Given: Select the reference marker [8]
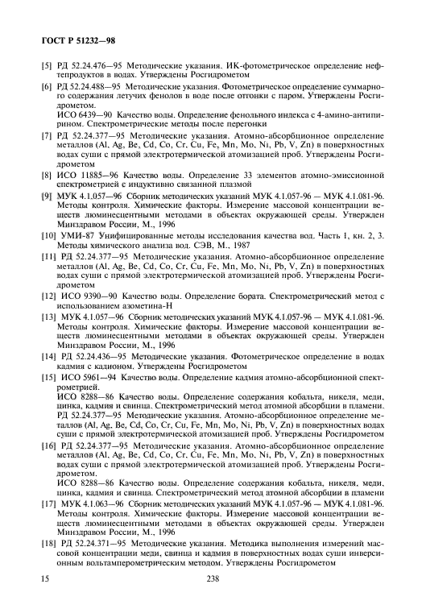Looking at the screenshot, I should [x=36, y=174].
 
